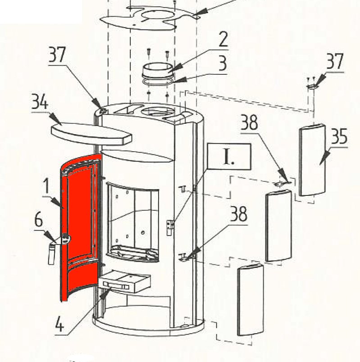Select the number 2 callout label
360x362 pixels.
(223, 39)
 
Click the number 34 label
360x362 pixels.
(40, 102)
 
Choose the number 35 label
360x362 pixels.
(339, 136)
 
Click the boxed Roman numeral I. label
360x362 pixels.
(229, 157)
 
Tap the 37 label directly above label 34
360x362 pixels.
(57, 54)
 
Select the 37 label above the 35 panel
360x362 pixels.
(335, 61)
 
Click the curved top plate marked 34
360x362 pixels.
(91, 133)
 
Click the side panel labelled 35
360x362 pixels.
(312, 160)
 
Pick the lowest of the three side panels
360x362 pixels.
(251, 300)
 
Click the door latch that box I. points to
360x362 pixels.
(170, 227)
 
